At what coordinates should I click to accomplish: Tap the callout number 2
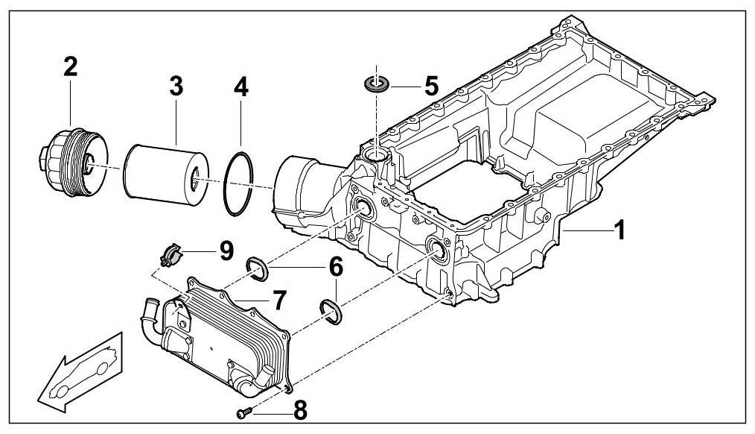(x=70, y=68)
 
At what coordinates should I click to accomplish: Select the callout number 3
(x=176, y=86)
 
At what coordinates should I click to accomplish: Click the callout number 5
(x=431, y=85)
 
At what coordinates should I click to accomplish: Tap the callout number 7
(x=278, y=301)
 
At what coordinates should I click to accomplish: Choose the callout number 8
(x=299, y=409)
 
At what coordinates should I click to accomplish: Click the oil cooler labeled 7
(x=223, y=339)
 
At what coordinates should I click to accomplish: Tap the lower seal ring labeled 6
(x=331, y=312)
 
